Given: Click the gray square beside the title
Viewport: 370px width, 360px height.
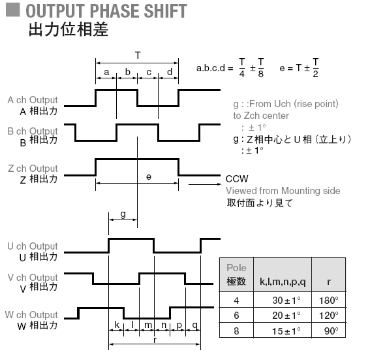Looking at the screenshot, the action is [x=13, y=10].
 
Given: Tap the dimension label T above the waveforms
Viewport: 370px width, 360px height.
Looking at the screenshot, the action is [x=138, y=56].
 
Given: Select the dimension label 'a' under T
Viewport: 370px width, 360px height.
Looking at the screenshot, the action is [x=106, y=73].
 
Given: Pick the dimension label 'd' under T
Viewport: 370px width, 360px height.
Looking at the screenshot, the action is [x=170, y=72].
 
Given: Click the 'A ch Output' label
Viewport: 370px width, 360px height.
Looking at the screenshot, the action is [x=33, y=100].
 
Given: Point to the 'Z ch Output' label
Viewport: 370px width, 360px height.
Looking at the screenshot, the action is [x=33, y=169].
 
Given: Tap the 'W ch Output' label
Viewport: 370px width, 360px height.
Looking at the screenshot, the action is [x=31, y=315].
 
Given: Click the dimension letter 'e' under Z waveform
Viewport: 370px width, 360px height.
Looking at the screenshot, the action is [x=149, y=176].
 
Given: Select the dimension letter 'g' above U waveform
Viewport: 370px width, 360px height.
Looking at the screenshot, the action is [x=123, y=214].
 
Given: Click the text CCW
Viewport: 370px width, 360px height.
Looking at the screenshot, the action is [x=237, y=179].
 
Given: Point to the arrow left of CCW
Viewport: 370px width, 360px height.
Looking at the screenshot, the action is [x=205, y=184].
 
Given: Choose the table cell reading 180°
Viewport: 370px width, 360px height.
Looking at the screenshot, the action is [x=329, y=301].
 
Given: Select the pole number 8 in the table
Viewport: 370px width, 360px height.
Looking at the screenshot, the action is [x=236, y=331].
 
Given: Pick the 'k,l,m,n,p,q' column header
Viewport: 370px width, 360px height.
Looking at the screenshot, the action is [x=283, y=282].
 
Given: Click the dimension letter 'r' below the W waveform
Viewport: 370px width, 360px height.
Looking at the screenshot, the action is [x=155, y=340].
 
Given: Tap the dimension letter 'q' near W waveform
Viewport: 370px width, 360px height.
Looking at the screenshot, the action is [x=195, y=325].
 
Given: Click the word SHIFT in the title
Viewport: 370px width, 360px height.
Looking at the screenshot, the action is [x=165, y=11].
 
